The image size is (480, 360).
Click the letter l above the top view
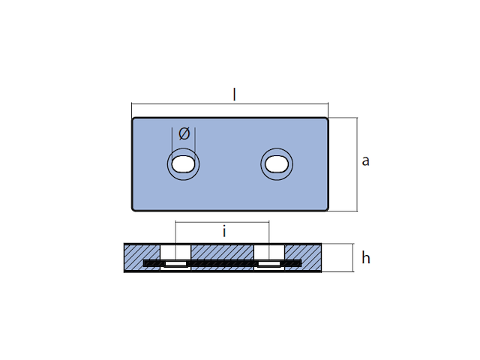click(234, 94)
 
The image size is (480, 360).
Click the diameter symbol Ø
click(184, 133)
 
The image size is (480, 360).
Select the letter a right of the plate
click(365, 160)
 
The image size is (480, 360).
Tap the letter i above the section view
click(223, 232)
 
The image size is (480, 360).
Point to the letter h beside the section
click(366, 258)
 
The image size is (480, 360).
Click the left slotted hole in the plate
click(183, 164)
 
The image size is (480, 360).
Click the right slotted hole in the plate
click(277, 164)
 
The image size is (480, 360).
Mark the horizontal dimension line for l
click(285, 104)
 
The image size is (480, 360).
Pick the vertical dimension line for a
click(355, 187)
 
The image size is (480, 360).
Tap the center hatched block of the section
click(223, 251)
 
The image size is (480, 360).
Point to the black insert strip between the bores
click(223, 262)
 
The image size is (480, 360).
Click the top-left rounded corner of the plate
click(134, 119)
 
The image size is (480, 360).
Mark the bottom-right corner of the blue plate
click(326, 208)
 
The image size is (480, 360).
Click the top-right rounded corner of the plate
click(326, 119)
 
